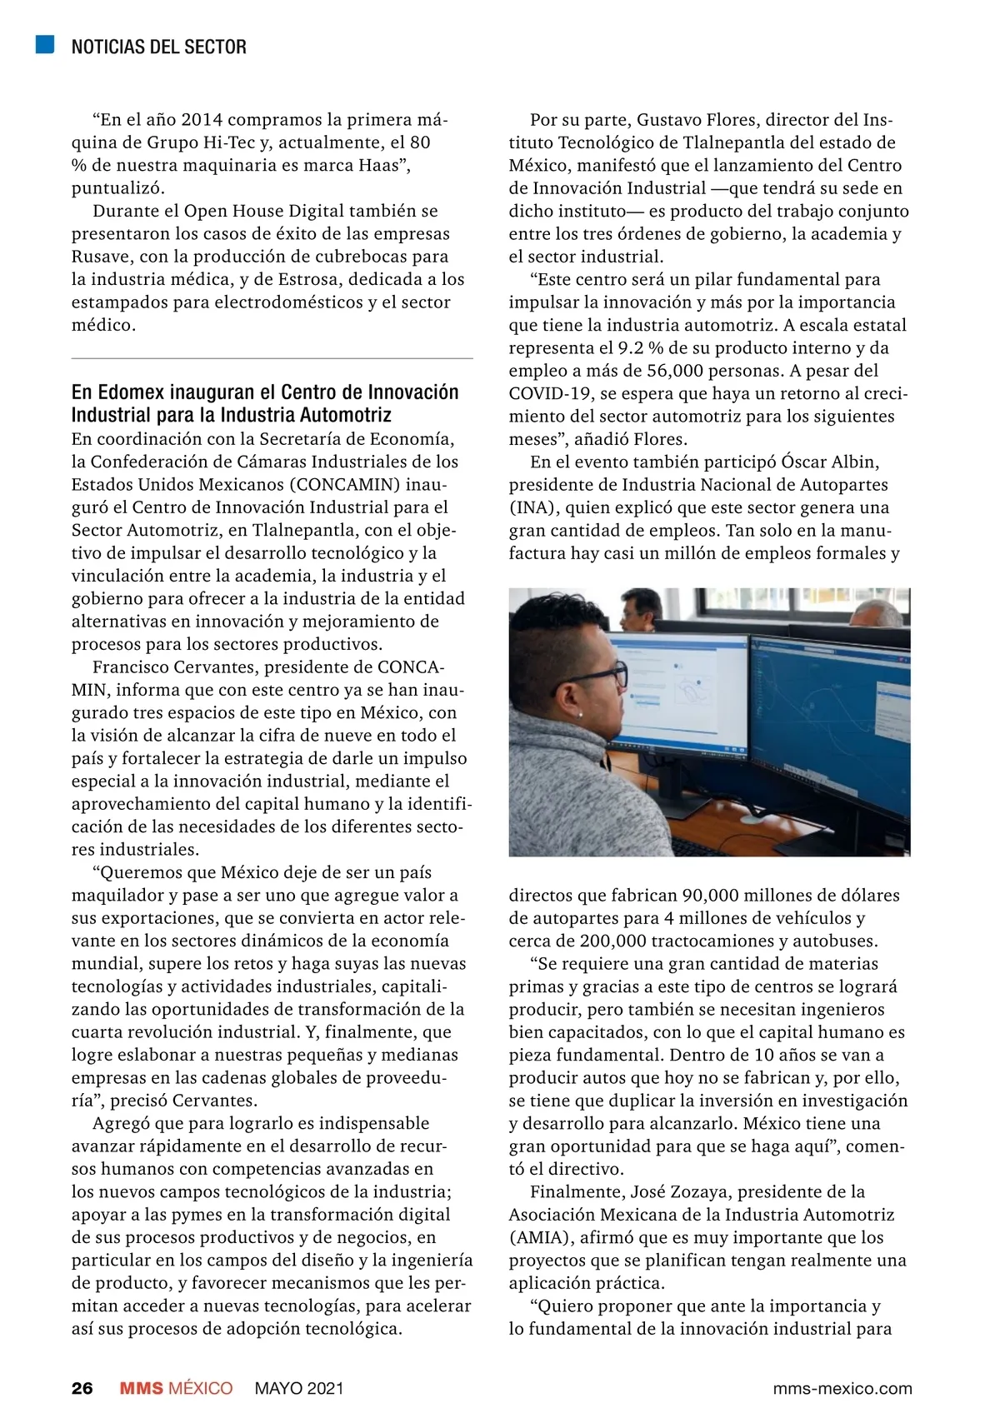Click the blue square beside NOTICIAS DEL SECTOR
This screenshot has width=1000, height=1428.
45,45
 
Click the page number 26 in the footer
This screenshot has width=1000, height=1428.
82,1388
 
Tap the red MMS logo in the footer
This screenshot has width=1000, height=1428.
142,1388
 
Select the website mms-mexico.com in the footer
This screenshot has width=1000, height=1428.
842,1389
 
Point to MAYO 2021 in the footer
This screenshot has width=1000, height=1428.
299,1388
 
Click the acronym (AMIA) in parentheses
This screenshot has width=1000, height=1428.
540,1237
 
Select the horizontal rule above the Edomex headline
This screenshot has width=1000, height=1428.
272,359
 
